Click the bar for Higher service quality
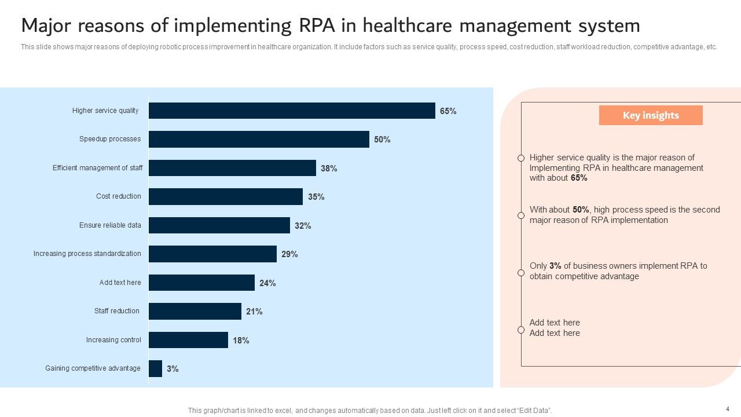point(292,111)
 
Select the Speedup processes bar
point(259,139)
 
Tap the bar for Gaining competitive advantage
point(155,368)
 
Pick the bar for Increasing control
point(188,340)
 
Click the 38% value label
point(329,169)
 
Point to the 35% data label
point(316,197)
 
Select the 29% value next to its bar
point(289,254)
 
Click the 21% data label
point(254,312)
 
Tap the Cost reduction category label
point(119,196)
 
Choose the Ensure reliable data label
point(110,225)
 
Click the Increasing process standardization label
point(87,254)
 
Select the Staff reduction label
point(117,311)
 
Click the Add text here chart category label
point(120,283)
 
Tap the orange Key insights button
point(651,115)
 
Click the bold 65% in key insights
point(579,178)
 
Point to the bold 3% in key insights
point(555,266)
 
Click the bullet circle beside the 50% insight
point(521,215)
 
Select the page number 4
point(728,409)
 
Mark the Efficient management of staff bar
point(232,168)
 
